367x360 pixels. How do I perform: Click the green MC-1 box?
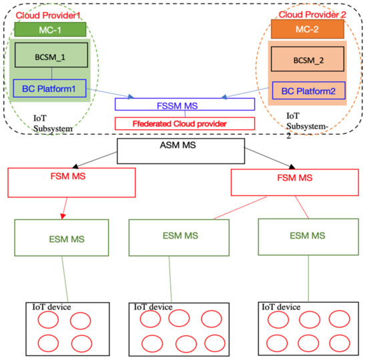pos(50,30)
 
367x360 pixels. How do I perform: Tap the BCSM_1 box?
pos(51,57)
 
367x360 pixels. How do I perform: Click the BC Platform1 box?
pos(50,87)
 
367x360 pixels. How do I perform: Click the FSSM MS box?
pos(184,105)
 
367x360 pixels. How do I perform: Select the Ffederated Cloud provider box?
pos(184,123)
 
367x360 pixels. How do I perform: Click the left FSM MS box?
pos(71,180)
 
